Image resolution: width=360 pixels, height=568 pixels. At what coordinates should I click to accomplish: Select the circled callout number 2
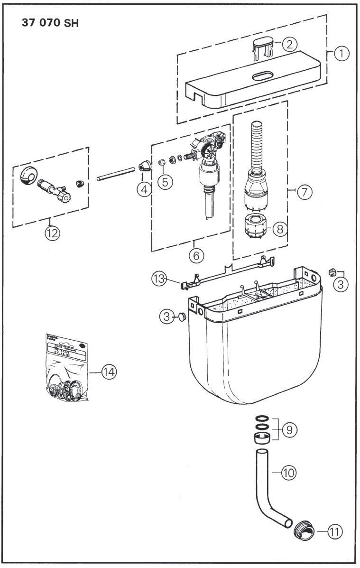(289, 44)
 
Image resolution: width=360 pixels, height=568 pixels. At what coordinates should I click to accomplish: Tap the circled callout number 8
(280, 229)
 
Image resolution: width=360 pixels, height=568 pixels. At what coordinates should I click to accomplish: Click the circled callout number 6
(196, 255)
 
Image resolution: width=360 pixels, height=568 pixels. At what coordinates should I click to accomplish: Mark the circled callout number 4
(143, 189)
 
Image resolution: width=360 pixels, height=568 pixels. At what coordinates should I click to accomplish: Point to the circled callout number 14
(109, 372)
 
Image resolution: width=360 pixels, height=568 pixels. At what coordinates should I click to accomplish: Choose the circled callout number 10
(289, 473)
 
